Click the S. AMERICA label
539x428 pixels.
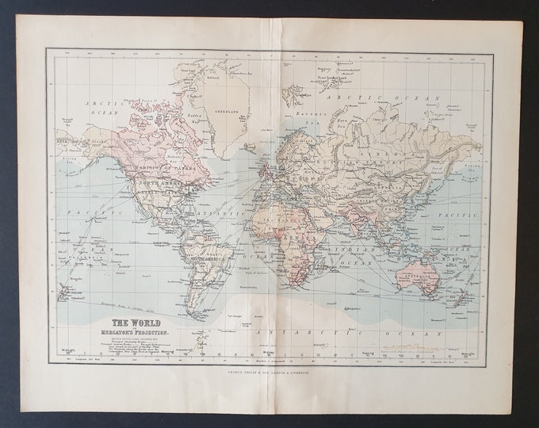click(x=204, y=260)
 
